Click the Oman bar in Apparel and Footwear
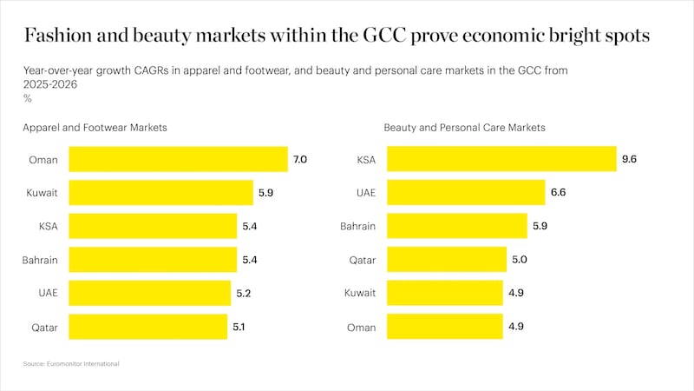[x=178, y=159]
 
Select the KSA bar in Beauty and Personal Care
[x=501, y=159]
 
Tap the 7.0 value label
[x=300, y=159]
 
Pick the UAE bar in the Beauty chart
[x=465, y=193]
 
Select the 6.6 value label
[x=558, y=193]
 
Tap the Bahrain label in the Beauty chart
[x=357, y=227]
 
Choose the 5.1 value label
[x=239, y=328]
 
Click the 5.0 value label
[x=520, y=260]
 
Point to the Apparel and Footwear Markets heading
[x=95, y=128]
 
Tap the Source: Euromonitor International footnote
[x=71, y=363]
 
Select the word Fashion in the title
[x=58, y=36]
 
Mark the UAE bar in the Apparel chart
[x=149, y=294]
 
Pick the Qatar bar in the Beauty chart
[x=446, y=260]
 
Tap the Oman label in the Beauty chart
[x=362, y=328]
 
